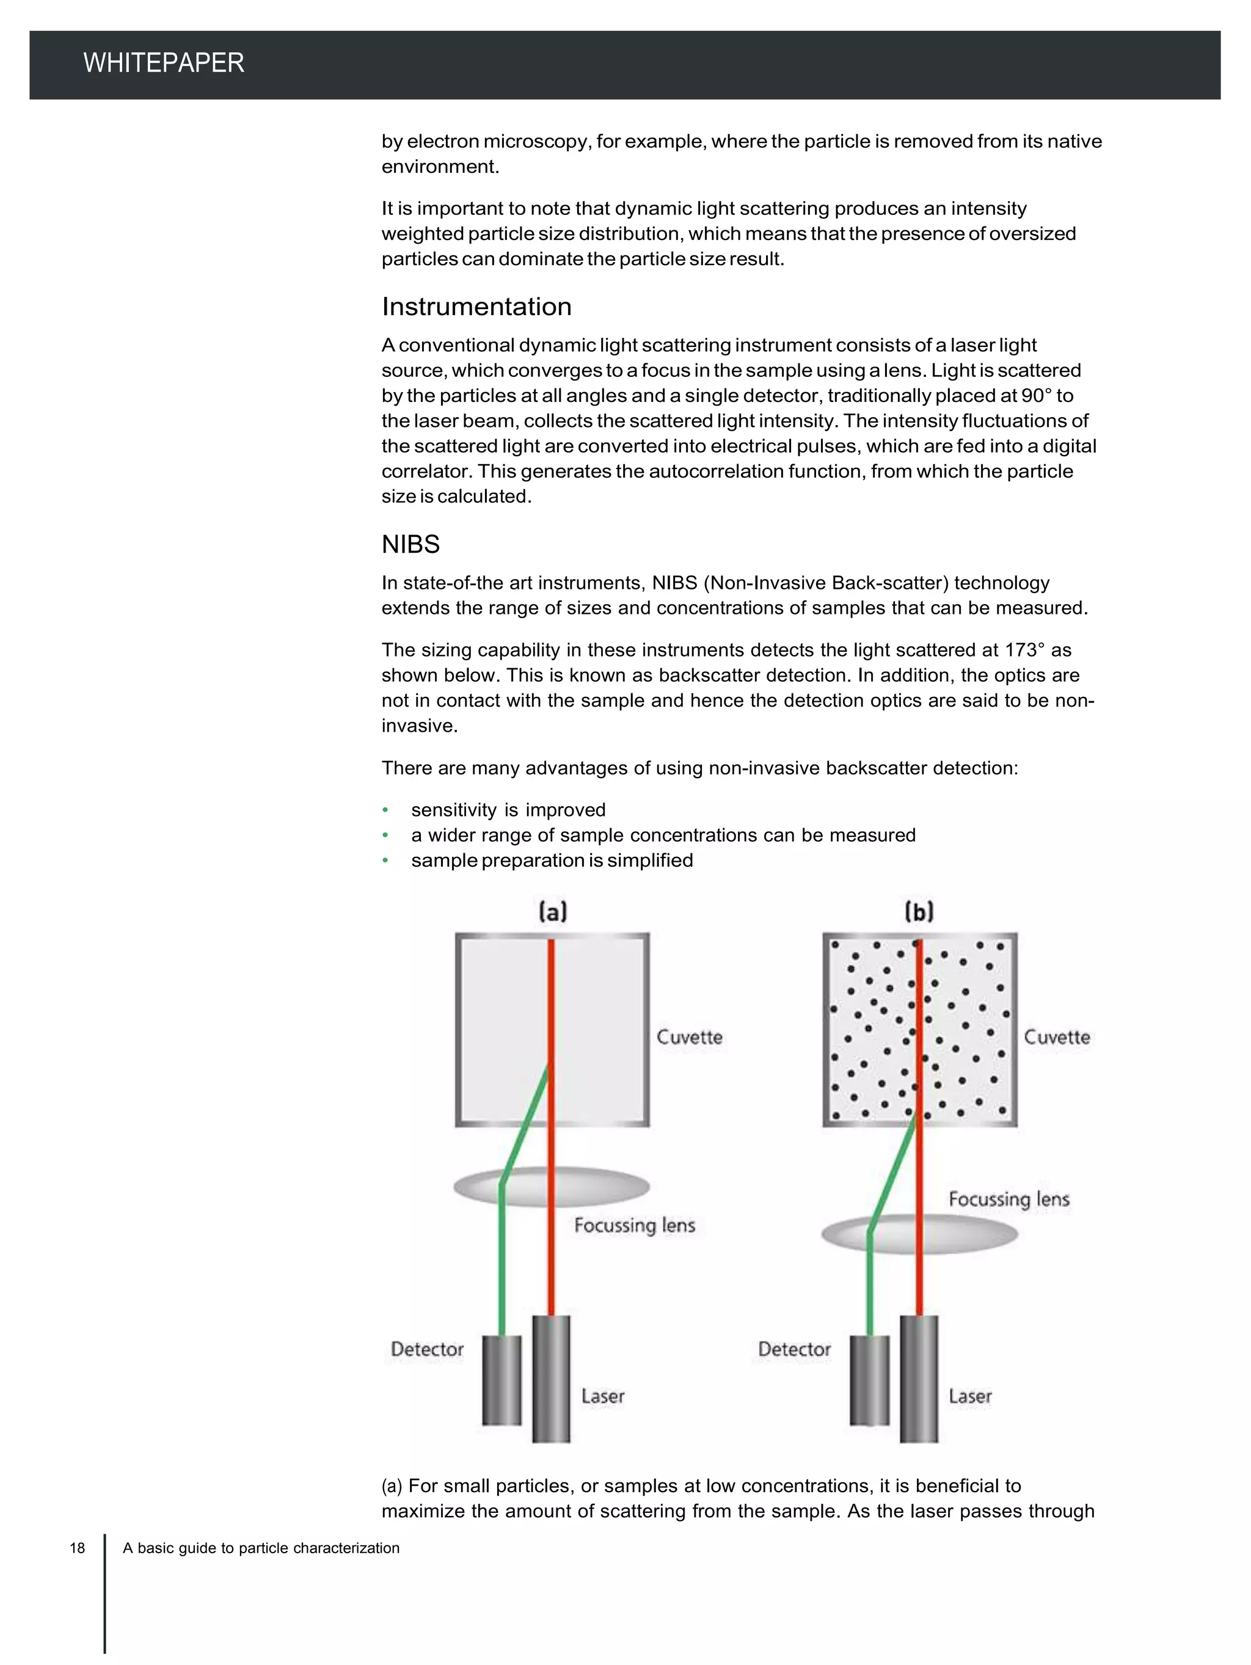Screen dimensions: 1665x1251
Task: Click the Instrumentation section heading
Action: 476,307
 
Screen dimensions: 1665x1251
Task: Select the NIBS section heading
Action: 410,544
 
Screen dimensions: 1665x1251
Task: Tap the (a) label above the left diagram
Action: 552,911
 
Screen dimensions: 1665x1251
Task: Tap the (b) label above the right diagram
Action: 919,911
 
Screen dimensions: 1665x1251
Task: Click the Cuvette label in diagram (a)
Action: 689,1037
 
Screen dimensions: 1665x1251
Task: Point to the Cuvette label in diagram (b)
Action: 1056,1037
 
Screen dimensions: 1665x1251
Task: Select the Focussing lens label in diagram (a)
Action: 634,1225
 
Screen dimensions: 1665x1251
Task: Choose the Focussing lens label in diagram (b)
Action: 1008,1199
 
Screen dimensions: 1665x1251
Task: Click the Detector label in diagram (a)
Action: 427,1349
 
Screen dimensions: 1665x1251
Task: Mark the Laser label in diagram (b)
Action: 969,1396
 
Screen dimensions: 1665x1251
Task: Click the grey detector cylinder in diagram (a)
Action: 501,1380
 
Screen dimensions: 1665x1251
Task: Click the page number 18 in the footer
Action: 78,1548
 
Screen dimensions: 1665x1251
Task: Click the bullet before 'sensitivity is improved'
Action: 385,810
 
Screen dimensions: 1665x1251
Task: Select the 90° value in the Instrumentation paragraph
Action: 1036,396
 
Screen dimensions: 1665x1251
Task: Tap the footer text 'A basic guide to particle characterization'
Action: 261,1548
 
